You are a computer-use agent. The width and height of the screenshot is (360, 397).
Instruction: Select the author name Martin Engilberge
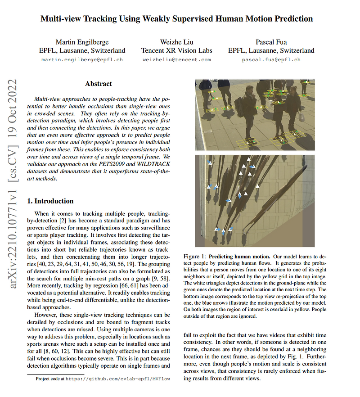tap(82, 42)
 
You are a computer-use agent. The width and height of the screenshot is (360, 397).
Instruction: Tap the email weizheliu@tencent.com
tap(176, 59)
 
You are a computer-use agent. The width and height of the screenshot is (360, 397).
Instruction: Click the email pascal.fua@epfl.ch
tap(271, 59)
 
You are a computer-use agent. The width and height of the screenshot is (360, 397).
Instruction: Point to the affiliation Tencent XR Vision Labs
tap(176, 50)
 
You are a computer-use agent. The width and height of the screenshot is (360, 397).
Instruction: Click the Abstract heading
tap(99, 84)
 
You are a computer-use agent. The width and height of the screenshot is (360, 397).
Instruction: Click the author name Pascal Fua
tap(271, 42)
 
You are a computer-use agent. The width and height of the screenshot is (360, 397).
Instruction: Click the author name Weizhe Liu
tap(176, 42)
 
